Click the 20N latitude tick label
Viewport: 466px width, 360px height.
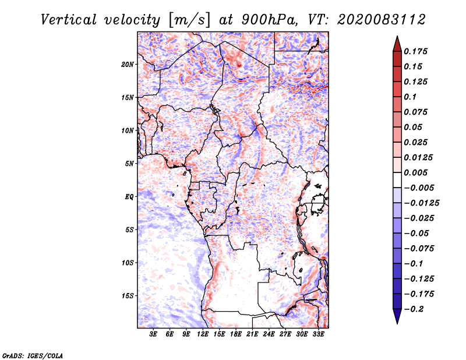coord(128,64)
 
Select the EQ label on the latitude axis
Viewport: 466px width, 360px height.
coord(129,197)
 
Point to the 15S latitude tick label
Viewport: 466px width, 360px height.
coord(128,296)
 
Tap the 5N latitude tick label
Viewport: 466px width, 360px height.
coord(129,164)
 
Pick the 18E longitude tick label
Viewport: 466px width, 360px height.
coord(236,335)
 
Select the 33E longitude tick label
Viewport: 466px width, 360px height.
coord(318,335)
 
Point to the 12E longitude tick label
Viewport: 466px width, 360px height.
coord(203,335)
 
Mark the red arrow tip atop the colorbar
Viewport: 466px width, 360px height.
coord(397,38)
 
